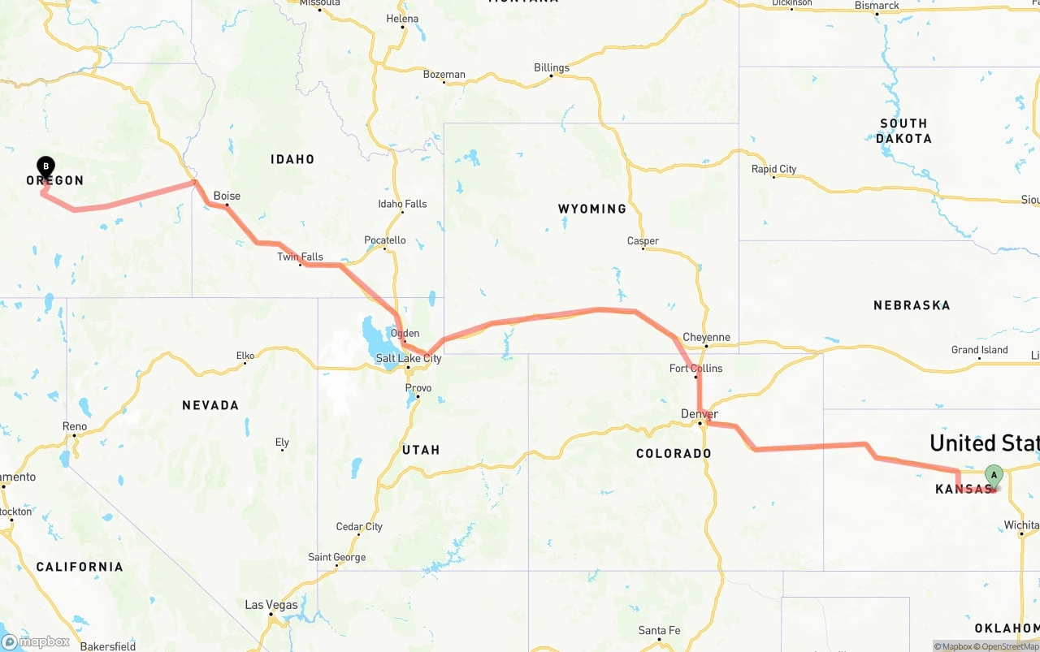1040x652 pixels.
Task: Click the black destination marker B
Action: (46, 167)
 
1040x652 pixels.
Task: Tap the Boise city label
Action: (227, 196)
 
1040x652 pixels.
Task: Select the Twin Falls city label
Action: (300, 257)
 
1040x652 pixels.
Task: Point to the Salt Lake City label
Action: (408, 358)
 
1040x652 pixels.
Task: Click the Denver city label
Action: (699, 414)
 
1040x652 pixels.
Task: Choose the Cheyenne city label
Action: (706, 337)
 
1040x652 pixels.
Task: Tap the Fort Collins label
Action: (695, 368)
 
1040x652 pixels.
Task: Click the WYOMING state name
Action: (592, 209)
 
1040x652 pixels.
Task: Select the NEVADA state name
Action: (210, 405)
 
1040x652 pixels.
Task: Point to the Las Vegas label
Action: (271, 605)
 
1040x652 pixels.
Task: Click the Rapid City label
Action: (773, 169)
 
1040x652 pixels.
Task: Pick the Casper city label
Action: (643, 240)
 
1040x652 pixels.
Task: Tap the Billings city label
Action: (552, 67)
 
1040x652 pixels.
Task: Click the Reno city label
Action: (74, 425)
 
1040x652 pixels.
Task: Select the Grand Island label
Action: (979, 350)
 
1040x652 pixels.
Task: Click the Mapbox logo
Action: (36, 642)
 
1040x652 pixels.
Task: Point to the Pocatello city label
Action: (384, 240)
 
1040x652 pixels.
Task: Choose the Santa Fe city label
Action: (659, 630)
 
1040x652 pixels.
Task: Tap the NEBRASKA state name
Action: (912, 305)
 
